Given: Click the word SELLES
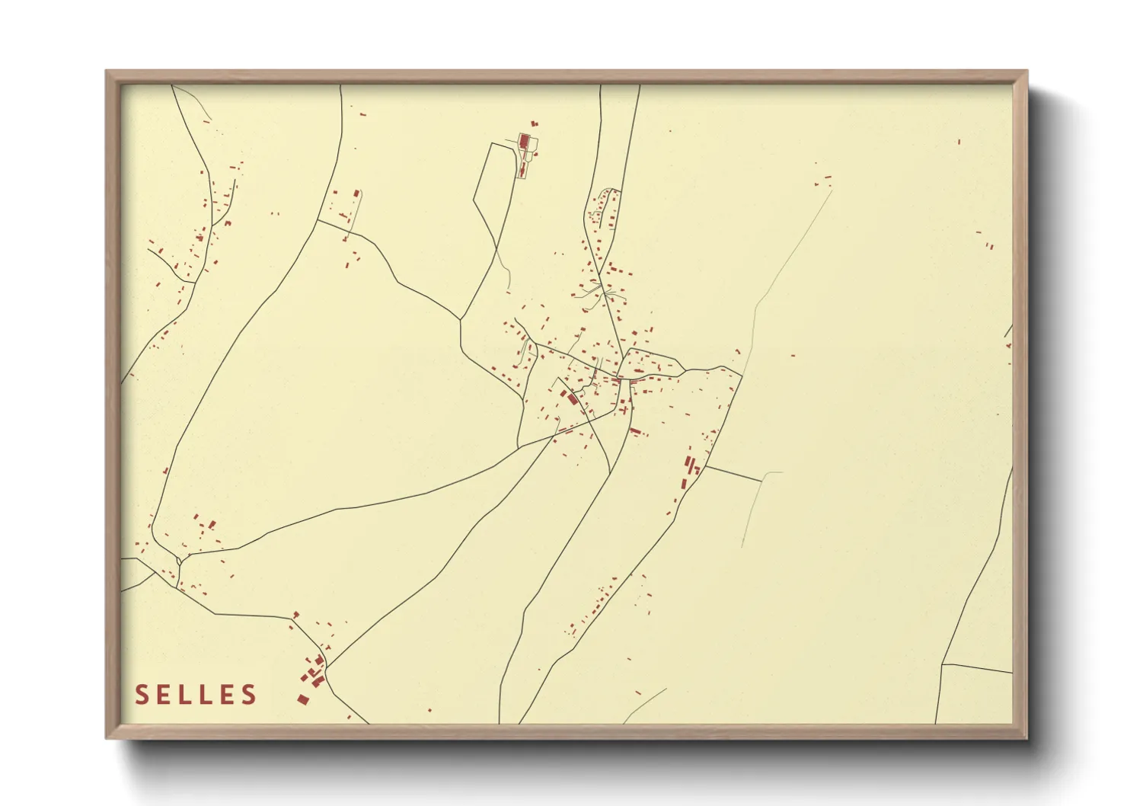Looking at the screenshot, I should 196,695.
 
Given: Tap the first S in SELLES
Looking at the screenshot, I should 142,695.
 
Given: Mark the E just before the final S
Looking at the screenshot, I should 228,695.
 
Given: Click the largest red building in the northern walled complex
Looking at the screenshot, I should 525,141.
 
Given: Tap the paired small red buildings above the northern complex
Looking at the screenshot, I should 534,122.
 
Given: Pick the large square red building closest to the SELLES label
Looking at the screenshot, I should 302,699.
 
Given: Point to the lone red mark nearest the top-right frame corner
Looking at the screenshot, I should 959,142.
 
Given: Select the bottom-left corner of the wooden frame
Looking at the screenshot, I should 107,737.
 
